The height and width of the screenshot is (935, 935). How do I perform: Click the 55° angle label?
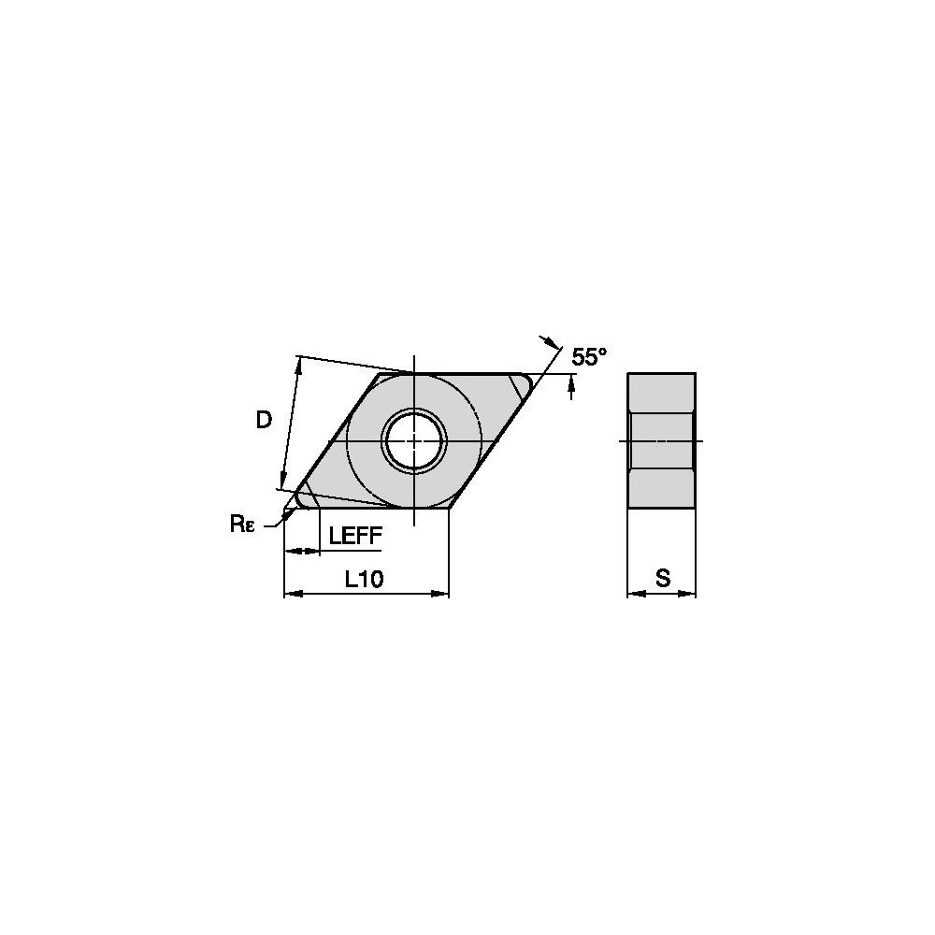(589, 356)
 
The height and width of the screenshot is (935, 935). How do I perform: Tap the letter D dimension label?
(264, 421)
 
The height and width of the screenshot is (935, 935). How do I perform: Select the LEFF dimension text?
(355, 535)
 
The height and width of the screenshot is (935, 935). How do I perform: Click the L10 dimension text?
(364, 580)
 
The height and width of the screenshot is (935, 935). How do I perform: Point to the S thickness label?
(662, 579)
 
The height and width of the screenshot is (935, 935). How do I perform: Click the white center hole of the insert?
(413, 440)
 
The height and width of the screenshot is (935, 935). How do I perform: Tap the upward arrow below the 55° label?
(571, 391)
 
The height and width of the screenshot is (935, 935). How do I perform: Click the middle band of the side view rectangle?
(661, 440)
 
